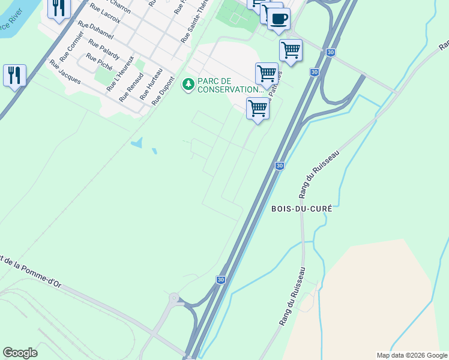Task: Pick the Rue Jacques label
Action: click(65, 71)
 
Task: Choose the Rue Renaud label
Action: click(131, 87)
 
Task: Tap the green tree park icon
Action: click(188, 83)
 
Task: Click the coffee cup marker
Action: click(278, 19)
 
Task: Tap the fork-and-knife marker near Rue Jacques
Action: click(14, 76)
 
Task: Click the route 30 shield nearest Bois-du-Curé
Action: click(279, 166)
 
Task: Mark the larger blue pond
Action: click(137, 143)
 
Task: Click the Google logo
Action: click(20, 353)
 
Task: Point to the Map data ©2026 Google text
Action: click(411, 355)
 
